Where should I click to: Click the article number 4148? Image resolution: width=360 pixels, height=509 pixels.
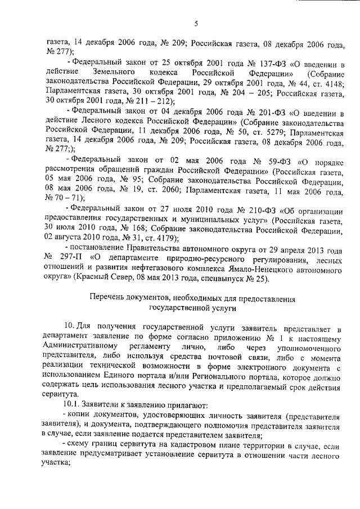click(332, 83)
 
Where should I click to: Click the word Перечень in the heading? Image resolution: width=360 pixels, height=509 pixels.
click(108, 298)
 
